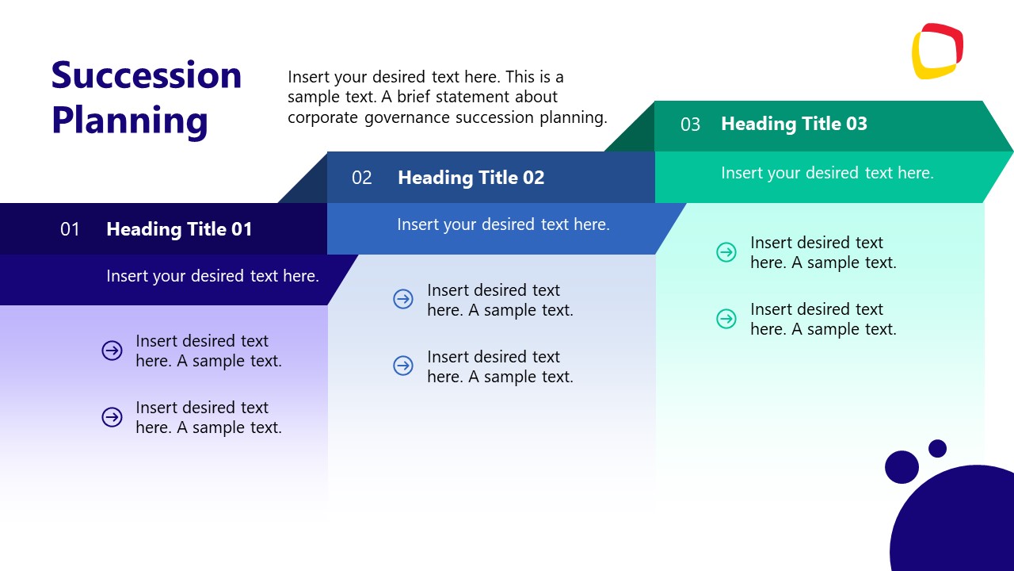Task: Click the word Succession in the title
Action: point(147,75)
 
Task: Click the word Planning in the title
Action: point(130,121)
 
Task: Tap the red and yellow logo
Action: point(937,52)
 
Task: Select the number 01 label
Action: point(71,230)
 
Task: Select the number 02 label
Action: point(362,178)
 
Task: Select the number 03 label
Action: point(691,125)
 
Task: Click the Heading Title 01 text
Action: point(179,229)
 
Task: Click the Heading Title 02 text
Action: point(471,178)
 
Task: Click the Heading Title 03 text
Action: point(794,124)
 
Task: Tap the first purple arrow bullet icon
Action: point(112,351)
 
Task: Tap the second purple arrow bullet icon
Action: point(112,417)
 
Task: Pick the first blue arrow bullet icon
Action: point(403,299)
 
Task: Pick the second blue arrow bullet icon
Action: point(403,366)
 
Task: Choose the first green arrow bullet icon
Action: point(726,252)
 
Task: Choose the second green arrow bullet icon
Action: point(726,319)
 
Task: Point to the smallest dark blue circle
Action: point(937,448)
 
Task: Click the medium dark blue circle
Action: point(902,467)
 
